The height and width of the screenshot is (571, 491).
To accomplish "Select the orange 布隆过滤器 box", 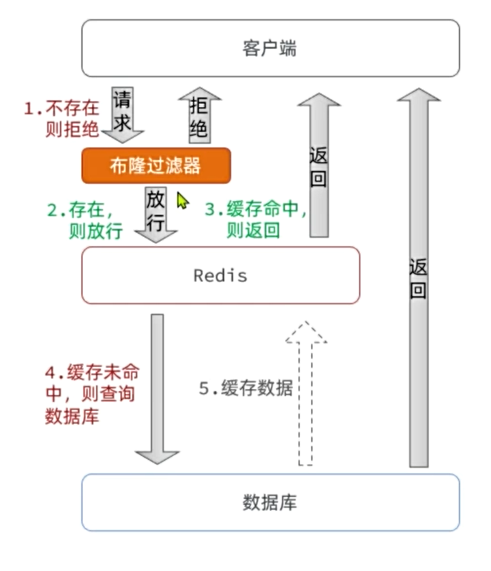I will tap(156, 165).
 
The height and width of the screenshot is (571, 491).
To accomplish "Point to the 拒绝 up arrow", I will tap(199, 115).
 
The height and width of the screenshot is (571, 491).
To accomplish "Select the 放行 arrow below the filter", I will tap(156, 213).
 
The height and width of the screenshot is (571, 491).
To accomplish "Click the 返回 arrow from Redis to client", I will tap(318, 167).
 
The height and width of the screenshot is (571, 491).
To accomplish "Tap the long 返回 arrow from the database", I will tap(419, 277).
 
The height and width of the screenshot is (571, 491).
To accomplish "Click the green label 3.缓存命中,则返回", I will tap(256, 220).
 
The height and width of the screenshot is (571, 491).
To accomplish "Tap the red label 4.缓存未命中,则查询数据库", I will tap(91, 395).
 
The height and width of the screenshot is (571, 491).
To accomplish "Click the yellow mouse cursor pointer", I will tap(183, 200).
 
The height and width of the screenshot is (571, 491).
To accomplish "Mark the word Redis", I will tap(220, 275).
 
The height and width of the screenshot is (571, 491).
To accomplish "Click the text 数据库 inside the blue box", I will tap(271, 502).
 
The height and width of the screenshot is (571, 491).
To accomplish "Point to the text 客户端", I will tap(270, 48).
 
